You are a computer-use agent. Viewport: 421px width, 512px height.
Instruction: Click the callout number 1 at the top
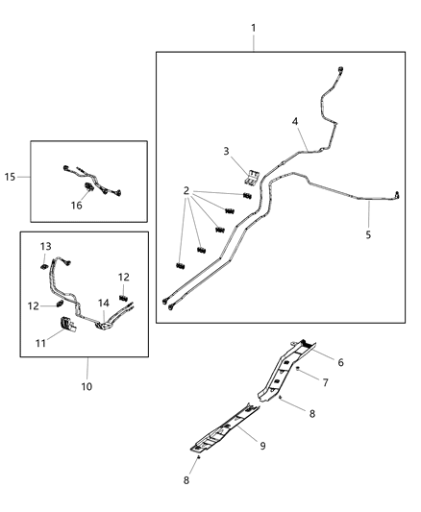tap(253, 28)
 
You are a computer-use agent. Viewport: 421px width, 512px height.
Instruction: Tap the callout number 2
tap(186, 191)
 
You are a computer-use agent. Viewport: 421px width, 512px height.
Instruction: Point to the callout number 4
tap(295, 121)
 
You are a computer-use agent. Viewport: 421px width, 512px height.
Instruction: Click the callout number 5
tap(367, 232)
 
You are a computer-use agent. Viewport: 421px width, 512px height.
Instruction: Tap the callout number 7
tap(325, 383)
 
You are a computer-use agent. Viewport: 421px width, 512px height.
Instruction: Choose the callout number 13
tap(45, 248)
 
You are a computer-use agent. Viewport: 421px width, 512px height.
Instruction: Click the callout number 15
tap(11, 177)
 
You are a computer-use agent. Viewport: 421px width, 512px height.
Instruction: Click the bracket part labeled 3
tap(251, 175)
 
